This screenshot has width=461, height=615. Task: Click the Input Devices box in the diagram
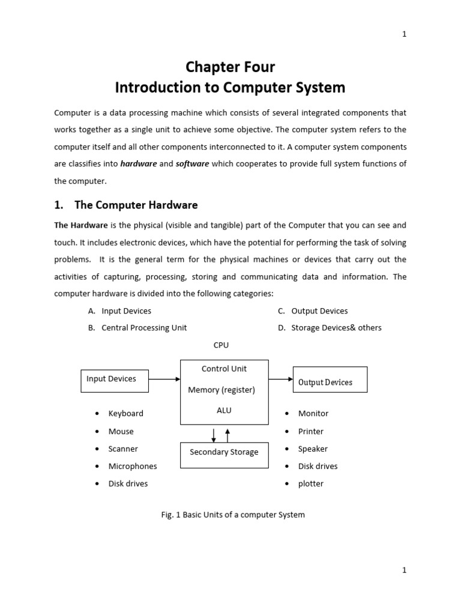[114, 380]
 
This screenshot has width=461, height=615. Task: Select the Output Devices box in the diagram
[330, 380]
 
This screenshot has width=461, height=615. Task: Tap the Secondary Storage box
[224, 455]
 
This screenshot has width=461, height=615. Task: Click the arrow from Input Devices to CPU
[164, 379]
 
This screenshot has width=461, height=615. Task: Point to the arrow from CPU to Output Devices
[280, 379]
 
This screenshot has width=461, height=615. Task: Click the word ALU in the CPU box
[224, 411]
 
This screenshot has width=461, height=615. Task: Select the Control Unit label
[224, 369]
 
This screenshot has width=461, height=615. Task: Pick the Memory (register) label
[221, 390]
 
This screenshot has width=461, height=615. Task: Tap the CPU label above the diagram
[221, 345]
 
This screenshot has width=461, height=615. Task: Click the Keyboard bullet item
[125, 414]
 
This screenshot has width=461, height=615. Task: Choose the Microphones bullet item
[133, 466]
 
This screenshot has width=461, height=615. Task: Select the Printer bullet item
[311, 431]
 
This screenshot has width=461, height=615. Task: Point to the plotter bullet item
[311, 483]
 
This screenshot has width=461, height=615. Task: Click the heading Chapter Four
[230, 67]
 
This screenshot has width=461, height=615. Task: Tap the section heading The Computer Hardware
[136, 205]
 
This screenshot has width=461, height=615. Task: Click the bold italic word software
[192, 164]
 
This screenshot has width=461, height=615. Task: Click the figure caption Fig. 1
[234, 515]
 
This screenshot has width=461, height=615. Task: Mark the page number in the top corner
[405, 34]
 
